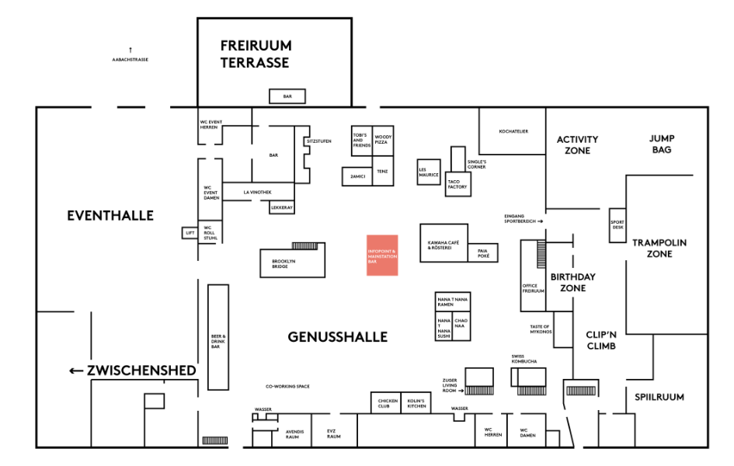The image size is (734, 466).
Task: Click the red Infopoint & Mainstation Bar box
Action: point(382,255)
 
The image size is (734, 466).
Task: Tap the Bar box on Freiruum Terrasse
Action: point(287,96)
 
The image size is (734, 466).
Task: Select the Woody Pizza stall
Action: point(383,141)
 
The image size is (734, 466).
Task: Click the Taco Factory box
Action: point(457,185)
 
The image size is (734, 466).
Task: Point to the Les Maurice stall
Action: point(429,173)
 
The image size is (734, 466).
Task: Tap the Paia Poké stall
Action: point(482,252)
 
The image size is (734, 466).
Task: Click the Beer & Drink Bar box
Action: point(218,337)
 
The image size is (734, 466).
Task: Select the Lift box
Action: point(190,232)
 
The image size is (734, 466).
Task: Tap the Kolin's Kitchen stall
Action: point(416,403)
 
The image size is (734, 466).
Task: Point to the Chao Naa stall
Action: point(461,325)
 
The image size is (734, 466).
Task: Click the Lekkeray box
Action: point(281,207)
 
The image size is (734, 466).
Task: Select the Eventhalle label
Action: point(110,215)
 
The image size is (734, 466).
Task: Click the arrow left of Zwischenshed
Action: point(76,370)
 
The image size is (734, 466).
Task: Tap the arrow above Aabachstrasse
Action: point(130,50)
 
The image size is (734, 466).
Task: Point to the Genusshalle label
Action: point(337,337)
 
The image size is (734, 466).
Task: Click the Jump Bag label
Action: point(661,144)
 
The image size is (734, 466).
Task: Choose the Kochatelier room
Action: point(513,132)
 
